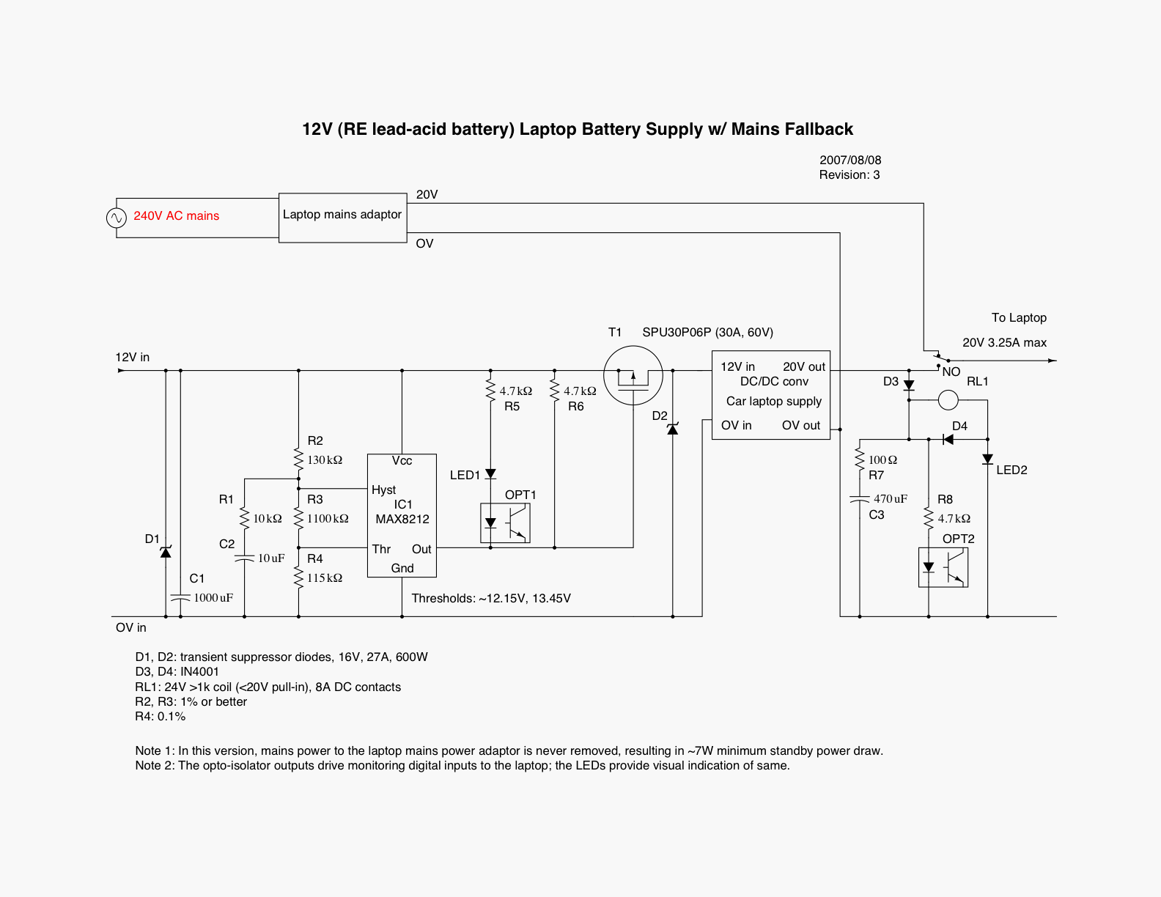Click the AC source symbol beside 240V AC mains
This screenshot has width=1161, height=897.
pos(117,218)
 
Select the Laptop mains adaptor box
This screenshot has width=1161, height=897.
pos(342,218)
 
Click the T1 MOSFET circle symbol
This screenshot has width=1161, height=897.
pos(633,376)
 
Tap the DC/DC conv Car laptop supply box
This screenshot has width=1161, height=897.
pos(771,395)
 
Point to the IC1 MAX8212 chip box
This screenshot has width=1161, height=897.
pos(402,515)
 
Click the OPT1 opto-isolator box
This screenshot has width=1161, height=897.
pos(505,523)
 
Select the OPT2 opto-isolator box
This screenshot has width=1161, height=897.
pos(943,567)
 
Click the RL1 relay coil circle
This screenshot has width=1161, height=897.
pos(948,400)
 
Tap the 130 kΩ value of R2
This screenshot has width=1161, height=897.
pos(325,460)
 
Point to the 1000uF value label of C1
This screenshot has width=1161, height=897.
pos(213,598)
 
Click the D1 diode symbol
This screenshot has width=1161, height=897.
pos(166,552)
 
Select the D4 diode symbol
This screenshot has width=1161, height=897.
pos(948,440)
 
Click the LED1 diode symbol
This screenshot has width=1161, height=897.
pos(490,474)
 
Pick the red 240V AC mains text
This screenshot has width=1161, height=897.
pos(176,216)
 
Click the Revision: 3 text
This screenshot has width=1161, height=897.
pos(849,175)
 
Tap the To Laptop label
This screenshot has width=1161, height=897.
pos(1019,318)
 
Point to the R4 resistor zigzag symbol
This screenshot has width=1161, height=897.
pos(298,577)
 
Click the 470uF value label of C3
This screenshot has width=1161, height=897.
pos(891,499)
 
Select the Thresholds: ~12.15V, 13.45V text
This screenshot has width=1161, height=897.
pos(491,599)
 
